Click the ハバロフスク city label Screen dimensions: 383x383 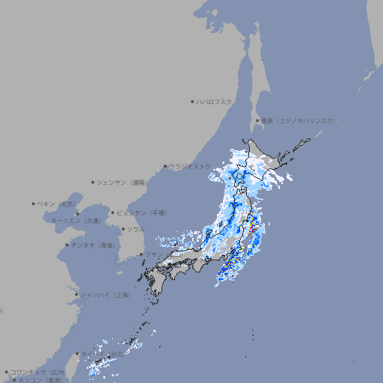click(x=215, y=101)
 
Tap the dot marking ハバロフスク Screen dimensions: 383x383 click(x=192, y=101)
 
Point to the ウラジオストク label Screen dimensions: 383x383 click(x=190, y=166)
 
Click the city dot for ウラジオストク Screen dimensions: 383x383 click(x=165, y=167)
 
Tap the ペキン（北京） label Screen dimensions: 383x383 click(x=58, y=203)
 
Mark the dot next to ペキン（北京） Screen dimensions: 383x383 click(x=34, y=203)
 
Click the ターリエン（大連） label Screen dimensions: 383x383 click(x=76, y=221)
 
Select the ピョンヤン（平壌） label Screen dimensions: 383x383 click(x=141, y=212)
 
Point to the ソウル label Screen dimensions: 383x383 click(x=135, y=229)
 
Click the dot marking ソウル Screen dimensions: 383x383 click(x=123, y=229)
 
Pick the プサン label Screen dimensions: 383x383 click(x=153, y=254)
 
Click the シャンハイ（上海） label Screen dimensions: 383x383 click(x=105, y=295)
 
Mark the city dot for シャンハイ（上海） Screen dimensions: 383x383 click(x=76, y=295)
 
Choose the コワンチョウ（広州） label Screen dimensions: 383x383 click(x=38, y=372)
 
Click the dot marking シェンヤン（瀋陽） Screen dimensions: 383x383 click(x=94, y=182)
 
